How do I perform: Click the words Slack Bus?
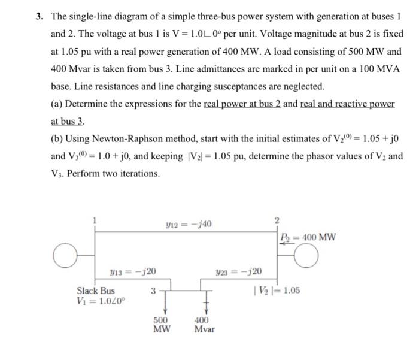[96, 291]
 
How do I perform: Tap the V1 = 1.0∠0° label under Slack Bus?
[101, 302]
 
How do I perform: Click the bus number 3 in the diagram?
[154, 291]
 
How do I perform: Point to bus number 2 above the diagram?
[277, 220]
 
